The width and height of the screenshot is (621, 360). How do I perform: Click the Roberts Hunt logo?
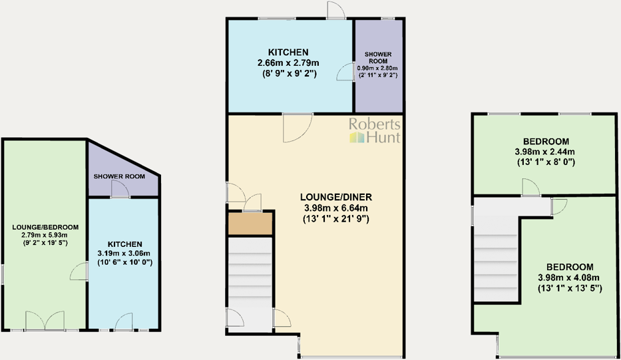pyautogui.click(x=375, y=130)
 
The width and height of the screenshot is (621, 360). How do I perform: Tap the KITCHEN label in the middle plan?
pyautogui.click(x=288, y=52)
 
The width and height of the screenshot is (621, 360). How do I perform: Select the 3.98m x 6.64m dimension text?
pyautogui.click(x=336, y=208)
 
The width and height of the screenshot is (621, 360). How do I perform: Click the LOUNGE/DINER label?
pyautogui.click(x=336, y=197)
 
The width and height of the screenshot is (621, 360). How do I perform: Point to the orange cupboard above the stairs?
pyautogui.click(x=250, y=224)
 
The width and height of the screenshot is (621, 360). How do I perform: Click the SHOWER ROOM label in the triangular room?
pyautogui.click(x=119, y=176)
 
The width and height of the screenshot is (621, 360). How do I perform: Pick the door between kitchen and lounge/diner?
pyautogui.click(x=297, y=127)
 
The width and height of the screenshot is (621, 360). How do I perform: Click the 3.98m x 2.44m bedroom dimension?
pyautogui.click(x=546, y=152)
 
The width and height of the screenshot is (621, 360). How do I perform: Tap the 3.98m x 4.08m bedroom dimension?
pyautogui.click(x=569, y=277)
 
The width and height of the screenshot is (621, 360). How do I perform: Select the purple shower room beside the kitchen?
pyautogui.click(x=378, y=87)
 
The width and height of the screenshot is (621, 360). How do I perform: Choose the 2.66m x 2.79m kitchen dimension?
pyautogui.click(x=288, y=63)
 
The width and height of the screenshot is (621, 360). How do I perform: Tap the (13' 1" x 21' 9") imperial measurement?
pyautogui.click(x=336, y=219)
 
